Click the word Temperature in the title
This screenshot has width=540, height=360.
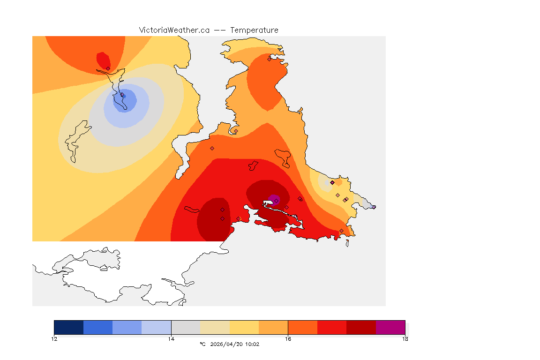pos(254,30)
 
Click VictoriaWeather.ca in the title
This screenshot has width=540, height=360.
pos(174,30)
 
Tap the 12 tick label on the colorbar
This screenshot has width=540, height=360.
pos(54,338)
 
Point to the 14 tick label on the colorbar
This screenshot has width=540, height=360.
pos(171,338)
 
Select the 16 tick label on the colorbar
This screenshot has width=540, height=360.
pos(288,338)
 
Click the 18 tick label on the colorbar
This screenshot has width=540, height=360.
pos(405,338)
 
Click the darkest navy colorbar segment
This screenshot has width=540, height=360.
pos(69,327)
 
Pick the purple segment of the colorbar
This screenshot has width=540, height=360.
pos(390,327)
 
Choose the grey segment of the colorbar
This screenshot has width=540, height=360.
pos(186,327)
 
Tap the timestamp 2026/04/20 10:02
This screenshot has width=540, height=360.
pos(234,344)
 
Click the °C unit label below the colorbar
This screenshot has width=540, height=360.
pos(202,344)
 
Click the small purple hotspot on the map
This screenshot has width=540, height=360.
pos(274,200)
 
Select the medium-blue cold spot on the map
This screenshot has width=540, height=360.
pos(126,100)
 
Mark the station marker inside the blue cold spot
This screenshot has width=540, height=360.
pos(123,95)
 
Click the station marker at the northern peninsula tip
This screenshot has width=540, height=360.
pos(269,59)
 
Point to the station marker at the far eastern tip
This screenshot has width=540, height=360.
pos(374,207)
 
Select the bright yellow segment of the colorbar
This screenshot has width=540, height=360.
pos(244,327)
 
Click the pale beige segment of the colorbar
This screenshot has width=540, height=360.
pos(215,327)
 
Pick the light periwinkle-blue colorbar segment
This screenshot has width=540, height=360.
pos(157,327)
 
